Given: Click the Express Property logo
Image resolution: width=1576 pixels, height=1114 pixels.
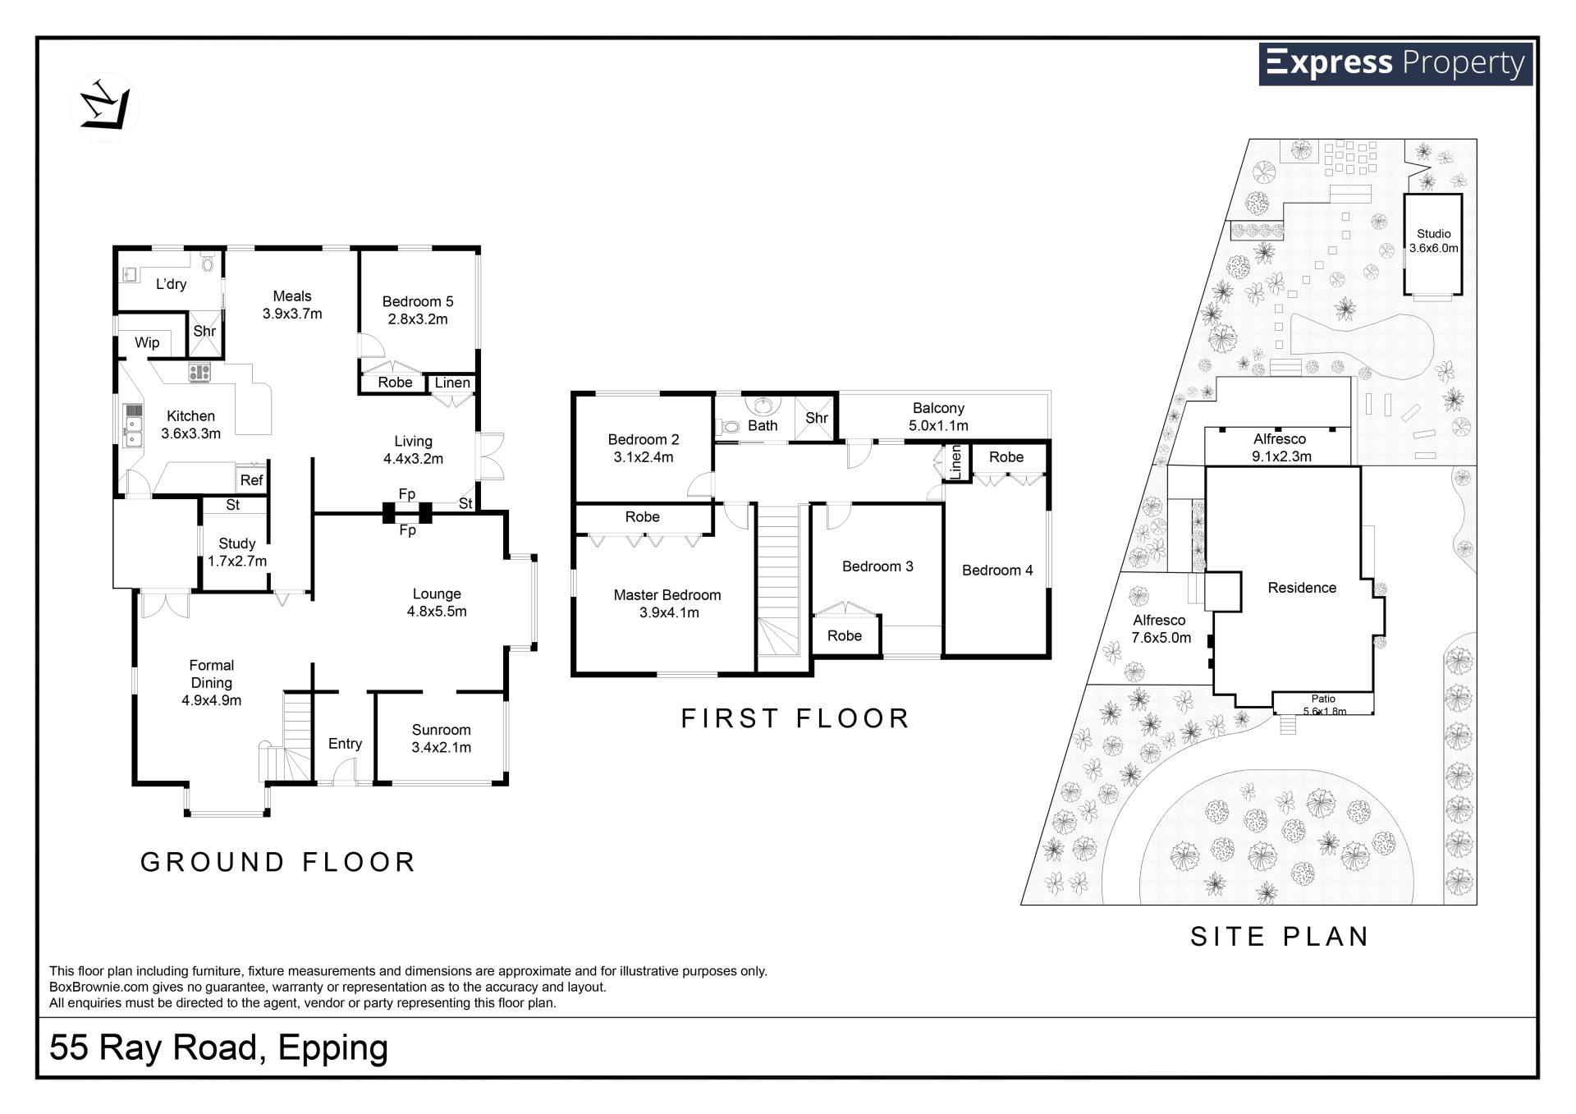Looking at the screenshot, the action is coord(1395,64).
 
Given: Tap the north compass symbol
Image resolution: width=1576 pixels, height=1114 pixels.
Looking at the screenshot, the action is coord(105,107).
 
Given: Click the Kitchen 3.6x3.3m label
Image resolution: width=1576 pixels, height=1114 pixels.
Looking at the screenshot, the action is coord(190,424).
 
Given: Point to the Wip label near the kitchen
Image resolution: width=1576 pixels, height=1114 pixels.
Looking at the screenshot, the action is coord(147,342).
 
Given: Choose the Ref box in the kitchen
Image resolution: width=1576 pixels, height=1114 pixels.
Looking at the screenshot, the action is coord(251,480).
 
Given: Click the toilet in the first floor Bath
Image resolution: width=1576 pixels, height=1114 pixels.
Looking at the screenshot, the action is coord(729,427).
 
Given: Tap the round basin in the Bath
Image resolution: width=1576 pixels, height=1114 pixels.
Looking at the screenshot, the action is coord(763,405).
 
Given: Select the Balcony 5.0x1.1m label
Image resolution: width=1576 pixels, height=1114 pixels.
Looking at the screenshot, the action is coord(938,417).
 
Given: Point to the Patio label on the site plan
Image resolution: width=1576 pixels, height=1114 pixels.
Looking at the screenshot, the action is coord(1323,699).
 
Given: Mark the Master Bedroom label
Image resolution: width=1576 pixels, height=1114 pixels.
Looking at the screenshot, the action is coord(667,603).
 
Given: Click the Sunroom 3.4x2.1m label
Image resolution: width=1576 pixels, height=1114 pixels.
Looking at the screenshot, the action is coord(441,738).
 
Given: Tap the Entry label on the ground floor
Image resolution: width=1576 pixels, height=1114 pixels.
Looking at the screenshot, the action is coord(345,744).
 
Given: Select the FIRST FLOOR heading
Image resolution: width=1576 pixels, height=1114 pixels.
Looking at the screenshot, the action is coord(795,718).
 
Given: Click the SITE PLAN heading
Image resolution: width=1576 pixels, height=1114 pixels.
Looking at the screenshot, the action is coord(1280,937).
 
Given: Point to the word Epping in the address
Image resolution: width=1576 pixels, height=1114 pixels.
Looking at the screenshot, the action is coord(332,1049).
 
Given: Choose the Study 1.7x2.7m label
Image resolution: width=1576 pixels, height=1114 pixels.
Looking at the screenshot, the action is coord(237,552).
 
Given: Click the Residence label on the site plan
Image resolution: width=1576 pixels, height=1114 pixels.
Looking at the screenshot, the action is coord(1302,588).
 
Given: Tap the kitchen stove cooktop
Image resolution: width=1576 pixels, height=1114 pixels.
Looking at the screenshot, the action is coord(199,373).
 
